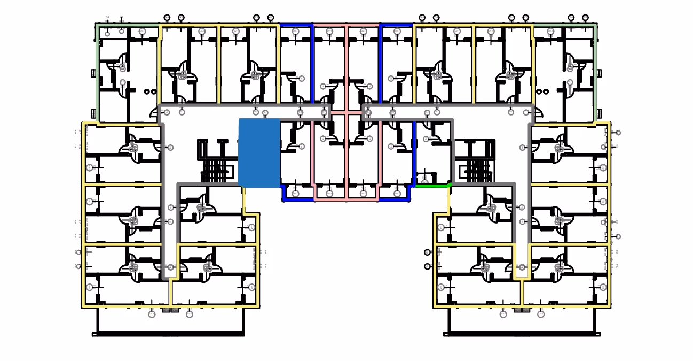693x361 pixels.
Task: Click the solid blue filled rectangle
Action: coord(259,153)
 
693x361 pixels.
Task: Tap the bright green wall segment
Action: coord(433,185)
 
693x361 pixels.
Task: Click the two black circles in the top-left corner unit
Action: coord(150,91)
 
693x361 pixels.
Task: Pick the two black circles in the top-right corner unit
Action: coord(543,91)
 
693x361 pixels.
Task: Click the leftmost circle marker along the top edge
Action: coord(167,18)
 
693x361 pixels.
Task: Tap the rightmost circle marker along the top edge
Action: coord(586,18)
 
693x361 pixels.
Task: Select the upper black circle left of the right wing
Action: coord(427,252)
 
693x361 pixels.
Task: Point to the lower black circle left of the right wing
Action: coord(427,266)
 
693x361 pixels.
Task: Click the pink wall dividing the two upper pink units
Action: coord(346,64)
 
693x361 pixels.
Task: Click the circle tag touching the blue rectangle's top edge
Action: coord(265,113)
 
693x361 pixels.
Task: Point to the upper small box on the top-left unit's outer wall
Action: coord(94,73)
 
